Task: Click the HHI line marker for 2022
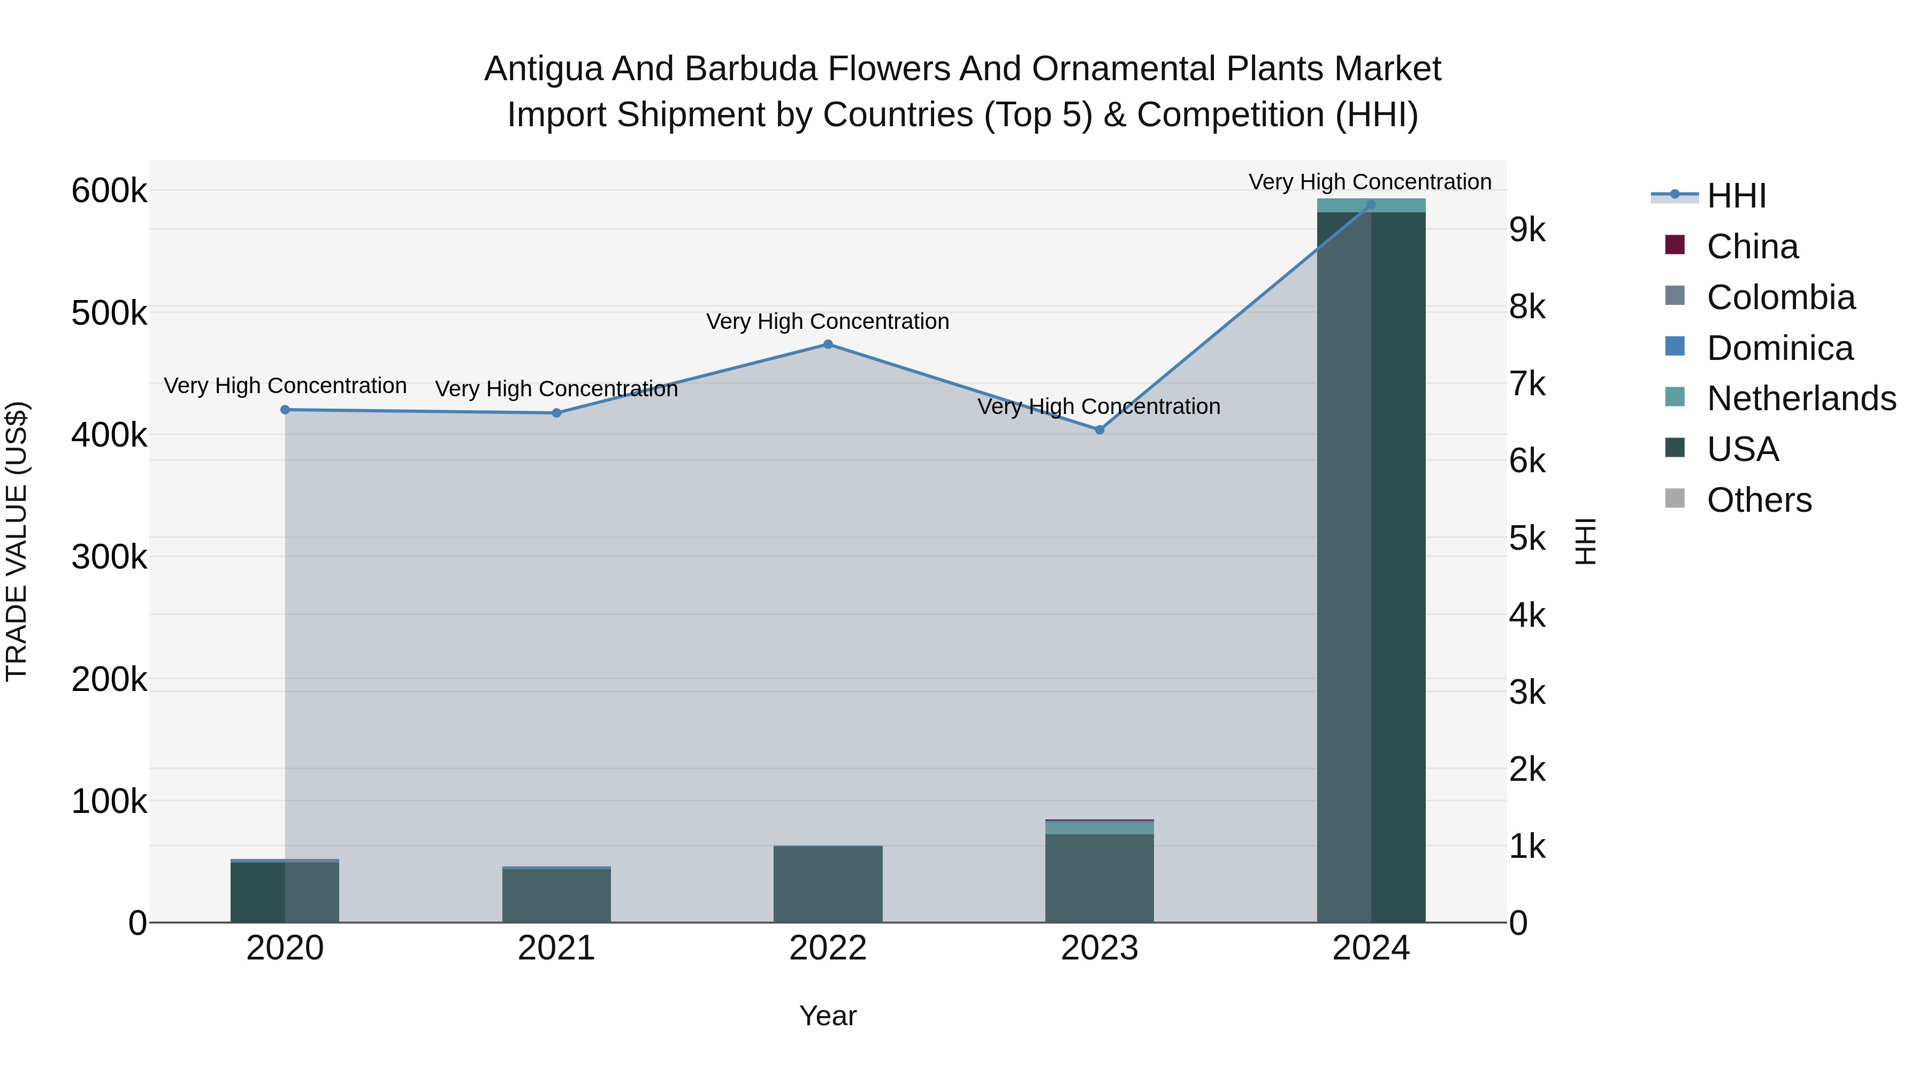coord(828,344)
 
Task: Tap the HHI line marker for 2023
coord(1099,430)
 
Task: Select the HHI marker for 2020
coord(285,410)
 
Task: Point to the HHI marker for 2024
coord(1371,204)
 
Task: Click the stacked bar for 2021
coord(556,895)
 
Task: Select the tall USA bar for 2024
coord(1371,568)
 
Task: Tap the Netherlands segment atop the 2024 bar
coord(1371,205)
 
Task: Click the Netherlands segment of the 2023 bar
coord(1099,827)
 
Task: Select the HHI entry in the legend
coord(1736,196)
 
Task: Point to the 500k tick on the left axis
coord(109,313)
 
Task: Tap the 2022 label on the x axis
coord(828,948)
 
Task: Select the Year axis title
coord(828,1016)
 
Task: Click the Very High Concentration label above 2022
coord(828,321)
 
